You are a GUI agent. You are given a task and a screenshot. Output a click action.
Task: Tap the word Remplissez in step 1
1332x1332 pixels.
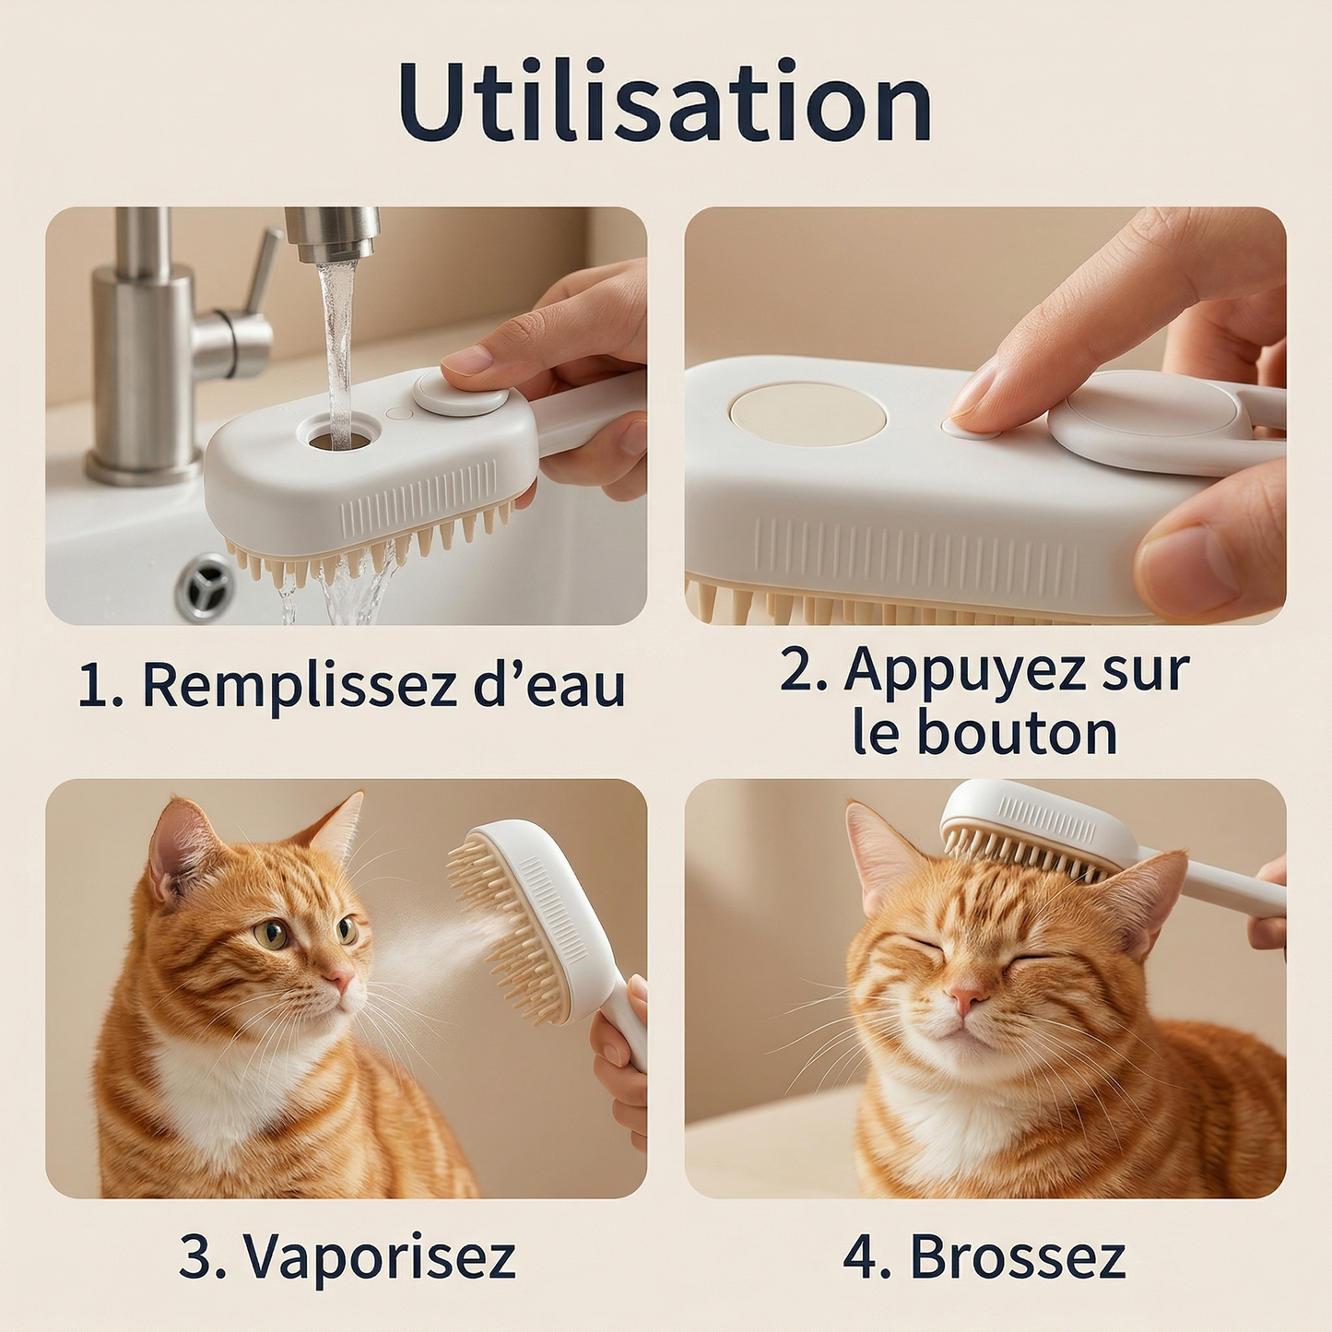pyautogui.click(x=300, y=687)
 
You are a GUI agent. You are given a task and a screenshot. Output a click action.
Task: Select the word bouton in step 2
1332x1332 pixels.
pyautogui.click(x=1016, y=734)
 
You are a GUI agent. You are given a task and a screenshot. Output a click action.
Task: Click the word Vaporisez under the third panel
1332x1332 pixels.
pyautogui.click(x=379, y=1256)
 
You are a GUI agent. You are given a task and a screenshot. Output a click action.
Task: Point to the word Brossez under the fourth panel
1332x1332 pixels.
pyautogui.click(x=1018, y=1256)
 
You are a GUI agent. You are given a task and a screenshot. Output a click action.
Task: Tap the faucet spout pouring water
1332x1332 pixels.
pyautogui.click(x=332, y=235)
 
